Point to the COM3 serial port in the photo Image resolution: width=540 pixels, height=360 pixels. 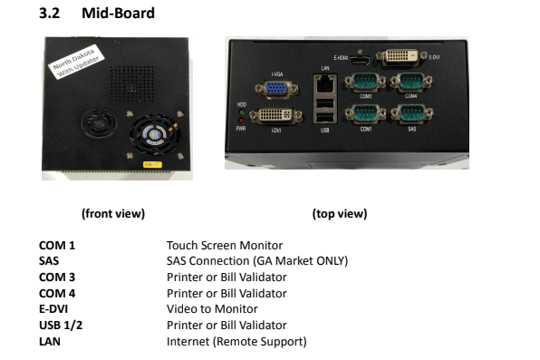coord(367,83)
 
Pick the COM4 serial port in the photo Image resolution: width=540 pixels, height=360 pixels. coord(410,83)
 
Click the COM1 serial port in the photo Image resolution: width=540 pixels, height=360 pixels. coord(367,117)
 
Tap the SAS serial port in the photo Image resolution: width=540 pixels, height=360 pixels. coord(410,117)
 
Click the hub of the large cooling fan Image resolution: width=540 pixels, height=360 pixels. coord(153,134)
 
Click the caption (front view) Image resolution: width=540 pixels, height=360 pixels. coord(113,214)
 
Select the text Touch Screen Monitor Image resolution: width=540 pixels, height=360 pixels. coord(226,246)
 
